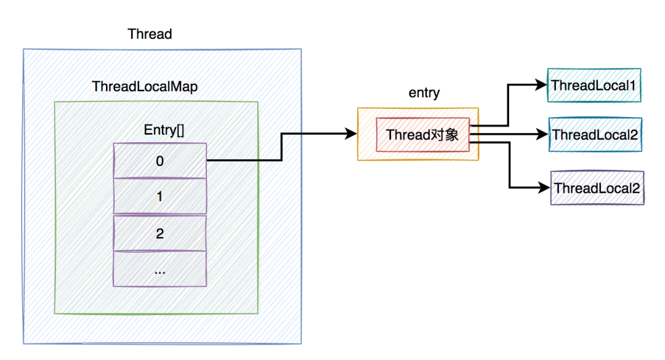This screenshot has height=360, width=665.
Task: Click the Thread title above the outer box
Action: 150,34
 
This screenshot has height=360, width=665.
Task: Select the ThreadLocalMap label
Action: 145,87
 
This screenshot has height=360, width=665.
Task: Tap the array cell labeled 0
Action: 160,161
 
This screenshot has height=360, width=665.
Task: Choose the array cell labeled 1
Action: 160,197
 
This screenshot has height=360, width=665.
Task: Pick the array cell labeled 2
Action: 160,233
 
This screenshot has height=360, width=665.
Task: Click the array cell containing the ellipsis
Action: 160,269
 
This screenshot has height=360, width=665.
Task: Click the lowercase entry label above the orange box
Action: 424,93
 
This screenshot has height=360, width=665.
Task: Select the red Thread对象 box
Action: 422,135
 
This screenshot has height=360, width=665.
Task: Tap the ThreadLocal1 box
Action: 594,86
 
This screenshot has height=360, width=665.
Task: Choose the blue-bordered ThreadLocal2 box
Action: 595,134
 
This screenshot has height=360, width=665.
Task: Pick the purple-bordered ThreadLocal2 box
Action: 596,188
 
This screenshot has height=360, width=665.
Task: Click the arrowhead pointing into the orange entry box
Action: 352,134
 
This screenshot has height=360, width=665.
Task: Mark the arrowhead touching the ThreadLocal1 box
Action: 542,84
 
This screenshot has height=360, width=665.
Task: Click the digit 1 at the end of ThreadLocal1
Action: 632,86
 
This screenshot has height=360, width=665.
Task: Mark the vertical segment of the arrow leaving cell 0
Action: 281,148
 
